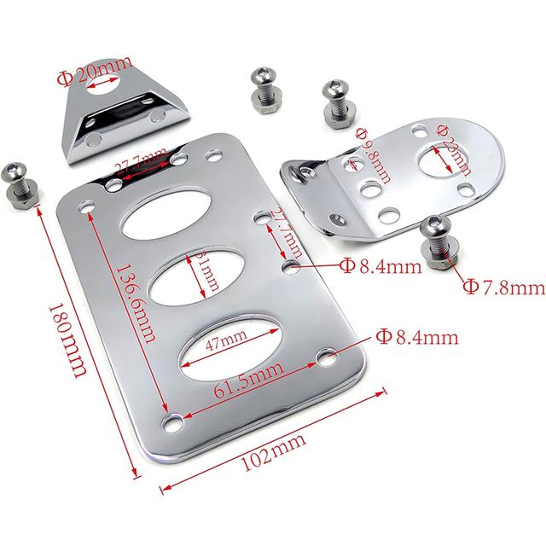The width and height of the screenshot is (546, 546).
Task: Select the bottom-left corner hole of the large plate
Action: (174, 421)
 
